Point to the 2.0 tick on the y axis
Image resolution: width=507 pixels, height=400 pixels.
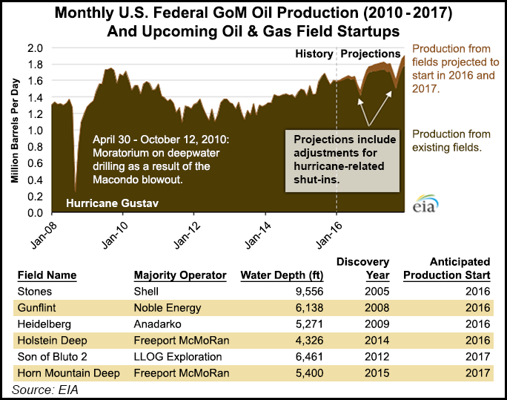pos(34,47)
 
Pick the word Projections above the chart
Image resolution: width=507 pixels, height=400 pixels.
pos(370,54)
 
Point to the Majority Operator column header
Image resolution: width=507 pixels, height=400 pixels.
pos(180,275)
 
